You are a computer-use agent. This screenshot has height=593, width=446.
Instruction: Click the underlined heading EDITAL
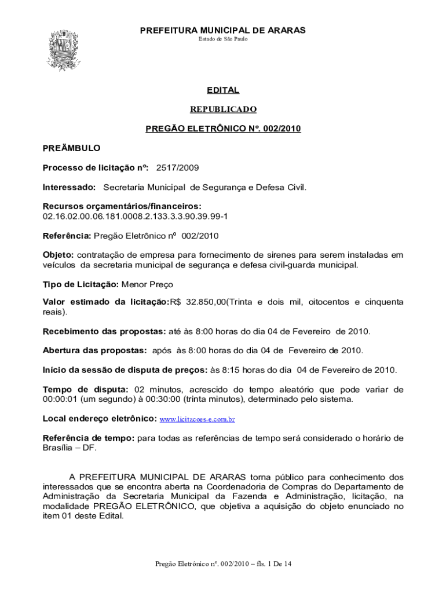pos(223,90)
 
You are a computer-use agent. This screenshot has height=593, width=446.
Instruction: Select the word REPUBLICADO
pos(223,109)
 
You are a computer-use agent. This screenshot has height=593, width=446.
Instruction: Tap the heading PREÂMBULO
pos(71,148)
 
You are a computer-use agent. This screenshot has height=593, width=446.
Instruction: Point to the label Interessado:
pos(69,188)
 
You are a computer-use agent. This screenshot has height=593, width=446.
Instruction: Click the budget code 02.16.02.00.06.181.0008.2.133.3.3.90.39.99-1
pos(135,216)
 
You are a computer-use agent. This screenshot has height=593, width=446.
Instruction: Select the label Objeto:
pos(58,255)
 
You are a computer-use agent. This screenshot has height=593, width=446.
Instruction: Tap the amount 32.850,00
pos(206,302)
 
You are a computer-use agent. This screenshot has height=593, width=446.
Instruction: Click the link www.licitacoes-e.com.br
pos(197,418)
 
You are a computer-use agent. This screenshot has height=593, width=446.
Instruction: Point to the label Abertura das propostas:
pos(94,350)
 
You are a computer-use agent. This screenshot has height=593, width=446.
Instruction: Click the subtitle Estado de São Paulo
pos(223,39)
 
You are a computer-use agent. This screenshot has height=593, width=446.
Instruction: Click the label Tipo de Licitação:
pos(81,284)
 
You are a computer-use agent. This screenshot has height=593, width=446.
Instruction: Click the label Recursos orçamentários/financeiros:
pos(122,206)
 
